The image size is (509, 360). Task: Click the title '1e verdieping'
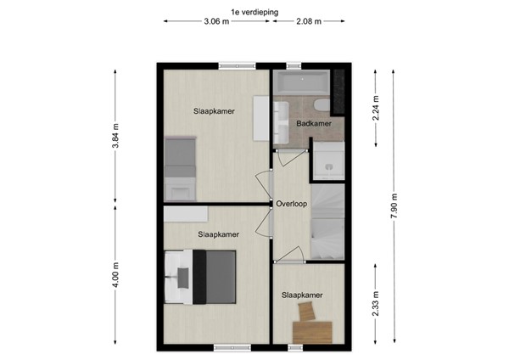tap(254, 11)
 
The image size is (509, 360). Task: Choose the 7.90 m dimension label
tap(394, 206)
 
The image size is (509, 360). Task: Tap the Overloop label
tap(291, 204)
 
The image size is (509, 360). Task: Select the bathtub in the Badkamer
tap(299, 84)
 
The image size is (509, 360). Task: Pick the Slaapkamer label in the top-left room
tap(214, 111)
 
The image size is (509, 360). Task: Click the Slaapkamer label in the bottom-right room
tap(302, 295)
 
